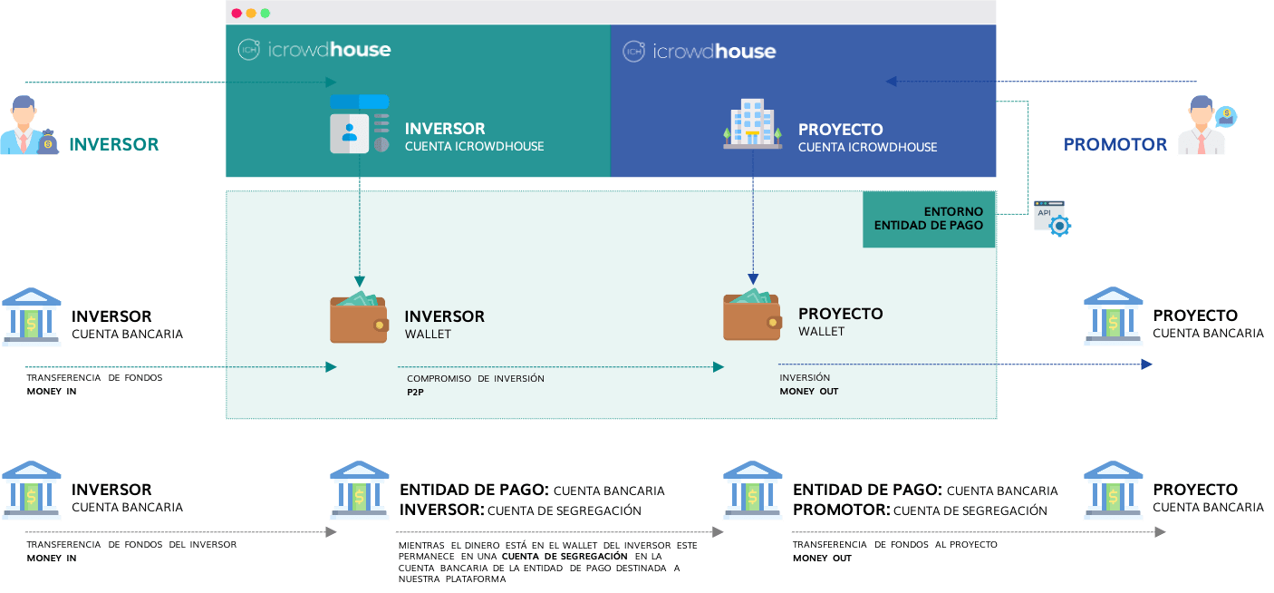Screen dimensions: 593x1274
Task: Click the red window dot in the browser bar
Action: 236,14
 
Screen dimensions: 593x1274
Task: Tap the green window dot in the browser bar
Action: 265,14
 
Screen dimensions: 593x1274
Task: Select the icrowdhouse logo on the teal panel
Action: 314,50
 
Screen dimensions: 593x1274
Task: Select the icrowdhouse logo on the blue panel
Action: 699,52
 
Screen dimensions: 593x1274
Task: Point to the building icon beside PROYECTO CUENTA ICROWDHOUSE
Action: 752,124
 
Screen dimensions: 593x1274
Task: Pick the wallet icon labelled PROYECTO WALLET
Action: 751,316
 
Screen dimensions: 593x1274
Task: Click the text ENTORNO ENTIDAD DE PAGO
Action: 928,219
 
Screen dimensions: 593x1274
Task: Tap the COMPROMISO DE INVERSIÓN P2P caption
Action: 475,384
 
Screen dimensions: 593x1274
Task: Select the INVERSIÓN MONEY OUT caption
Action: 808,384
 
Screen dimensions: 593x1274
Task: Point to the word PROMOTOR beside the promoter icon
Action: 1115,144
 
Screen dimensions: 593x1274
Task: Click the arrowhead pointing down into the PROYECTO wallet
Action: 752,277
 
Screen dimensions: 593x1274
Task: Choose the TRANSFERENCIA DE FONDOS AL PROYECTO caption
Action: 894,550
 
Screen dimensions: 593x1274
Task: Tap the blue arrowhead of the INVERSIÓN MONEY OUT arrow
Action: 1147,365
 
